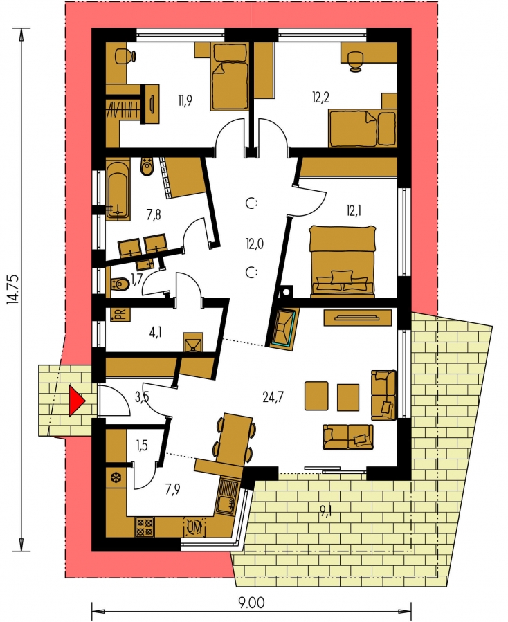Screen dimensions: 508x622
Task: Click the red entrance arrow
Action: tap(77, 401)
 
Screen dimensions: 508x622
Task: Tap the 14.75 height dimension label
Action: tap(13, 290)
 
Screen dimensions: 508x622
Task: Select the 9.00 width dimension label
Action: tap(251, 602)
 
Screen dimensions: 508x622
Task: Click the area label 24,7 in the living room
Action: tap(273, 396)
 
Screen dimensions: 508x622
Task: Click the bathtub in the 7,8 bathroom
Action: tap(118, 189)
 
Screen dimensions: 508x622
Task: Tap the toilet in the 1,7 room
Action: tap(120, 284)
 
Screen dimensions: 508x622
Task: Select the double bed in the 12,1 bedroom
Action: tap(342, 261)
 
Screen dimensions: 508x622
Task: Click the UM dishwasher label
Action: tap(194, 527)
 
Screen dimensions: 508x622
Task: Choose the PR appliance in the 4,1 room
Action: tap(120, 313)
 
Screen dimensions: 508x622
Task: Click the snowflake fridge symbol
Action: tap(117, 478)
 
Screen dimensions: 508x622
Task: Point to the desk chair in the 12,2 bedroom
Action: tap(355, 62)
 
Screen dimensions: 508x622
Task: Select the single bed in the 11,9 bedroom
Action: tap(229, 76)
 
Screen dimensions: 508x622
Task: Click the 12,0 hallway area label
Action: tap(255, 244)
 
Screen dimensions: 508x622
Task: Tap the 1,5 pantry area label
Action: tap(141, 446)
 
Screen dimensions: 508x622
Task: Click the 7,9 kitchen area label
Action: tap(172, 488)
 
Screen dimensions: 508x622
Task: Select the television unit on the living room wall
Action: tap(358, 318)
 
